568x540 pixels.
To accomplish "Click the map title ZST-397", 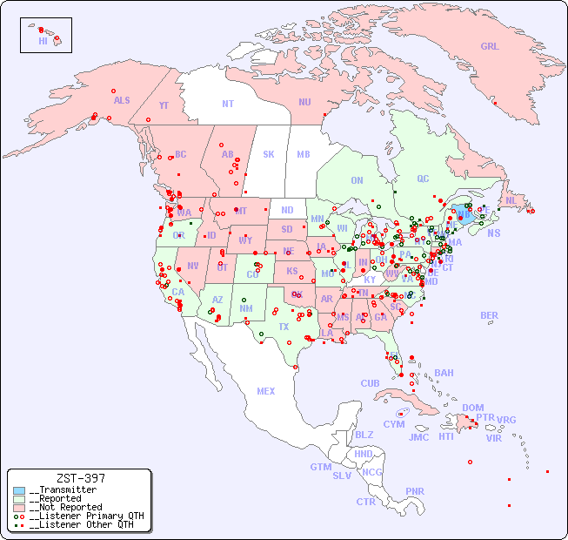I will click(80, 478).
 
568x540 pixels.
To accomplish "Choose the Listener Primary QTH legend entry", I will click(85, 516).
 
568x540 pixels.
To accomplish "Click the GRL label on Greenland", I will click(490, 47).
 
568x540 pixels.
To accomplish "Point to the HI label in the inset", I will click(43, 41).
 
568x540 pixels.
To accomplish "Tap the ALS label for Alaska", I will click(122, 100).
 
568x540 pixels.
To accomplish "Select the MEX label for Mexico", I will click(266, 391).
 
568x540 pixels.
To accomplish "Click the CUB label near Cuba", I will click(370, 383).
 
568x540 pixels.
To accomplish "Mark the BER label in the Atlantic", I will click(489, 315).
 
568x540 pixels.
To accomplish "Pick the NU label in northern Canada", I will click(304, 102).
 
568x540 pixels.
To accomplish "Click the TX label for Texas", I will click(284, 327).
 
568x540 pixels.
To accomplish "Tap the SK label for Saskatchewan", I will click(269, 154).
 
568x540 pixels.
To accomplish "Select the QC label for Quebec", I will click(423, 179).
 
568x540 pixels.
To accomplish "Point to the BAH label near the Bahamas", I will click(444, 373).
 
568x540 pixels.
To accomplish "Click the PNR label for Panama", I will click(415, 491).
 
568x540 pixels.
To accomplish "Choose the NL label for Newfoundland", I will click(511, 199).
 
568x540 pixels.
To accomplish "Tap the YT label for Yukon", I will click(164, 105).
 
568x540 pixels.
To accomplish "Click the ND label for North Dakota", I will click(287, 210).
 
